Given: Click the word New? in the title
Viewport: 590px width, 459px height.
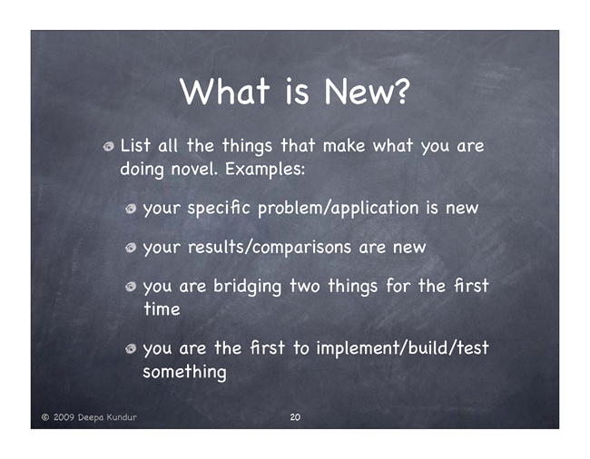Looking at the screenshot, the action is [367, 92].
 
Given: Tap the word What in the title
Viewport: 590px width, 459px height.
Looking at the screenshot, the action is [224, 91].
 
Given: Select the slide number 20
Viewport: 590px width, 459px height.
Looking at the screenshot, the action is [295, 417].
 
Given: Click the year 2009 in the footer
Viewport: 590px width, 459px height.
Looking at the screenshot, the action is [64, 417].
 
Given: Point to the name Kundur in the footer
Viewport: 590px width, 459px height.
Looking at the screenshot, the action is [122, 417].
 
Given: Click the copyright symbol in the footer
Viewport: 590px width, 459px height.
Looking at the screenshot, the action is [45, 417].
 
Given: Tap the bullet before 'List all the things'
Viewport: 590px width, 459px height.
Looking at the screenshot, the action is [108, 146].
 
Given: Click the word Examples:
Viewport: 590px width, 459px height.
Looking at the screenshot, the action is [265, 170].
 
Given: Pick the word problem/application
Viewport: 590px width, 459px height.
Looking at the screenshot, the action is [339, 209].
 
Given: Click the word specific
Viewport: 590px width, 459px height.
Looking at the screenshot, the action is [219, 209].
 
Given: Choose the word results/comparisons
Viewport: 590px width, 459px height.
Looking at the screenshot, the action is [270, 248].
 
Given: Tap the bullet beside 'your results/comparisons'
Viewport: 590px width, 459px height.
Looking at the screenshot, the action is [131, 248].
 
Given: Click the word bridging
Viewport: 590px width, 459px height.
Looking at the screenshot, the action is [247, 287].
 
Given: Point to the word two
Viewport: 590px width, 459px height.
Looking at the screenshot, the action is [305, 287].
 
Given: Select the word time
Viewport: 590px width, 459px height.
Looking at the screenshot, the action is [162, 309].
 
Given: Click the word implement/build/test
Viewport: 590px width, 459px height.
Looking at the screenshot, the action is [402, 348].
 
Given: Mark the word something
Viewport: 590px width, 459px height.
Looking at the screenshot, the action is [185, 372].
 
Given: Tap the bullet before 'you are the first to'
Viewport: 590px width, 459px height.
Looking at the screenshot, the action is [131, 349].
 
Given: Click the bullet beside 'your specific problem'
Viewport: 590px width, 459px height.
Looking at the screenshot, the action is [131, 209].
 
